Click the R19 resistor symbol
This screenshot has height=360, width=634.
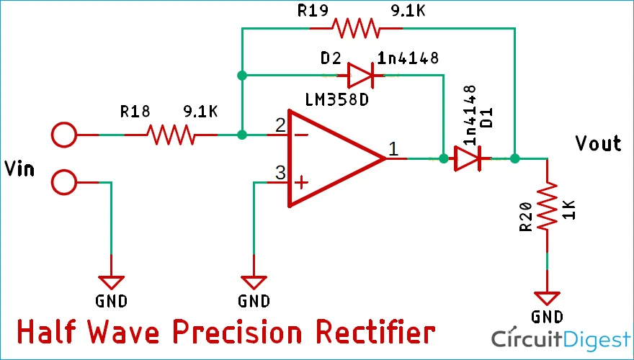354,29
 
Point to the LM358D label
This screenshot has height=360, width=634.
336,99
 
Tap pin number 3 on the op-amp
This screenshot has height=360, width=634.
280,174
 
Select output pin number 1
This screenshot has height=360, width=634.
393,149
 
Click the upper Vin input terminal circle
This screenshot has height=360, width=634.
64,135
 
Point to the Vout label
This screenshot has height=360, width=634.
597,143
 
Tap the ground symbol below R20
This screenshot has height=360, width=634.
547,297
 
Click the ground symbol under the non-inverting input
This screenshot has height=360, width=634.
254,282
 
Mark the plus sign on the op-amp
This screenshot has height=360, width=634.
303,183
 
